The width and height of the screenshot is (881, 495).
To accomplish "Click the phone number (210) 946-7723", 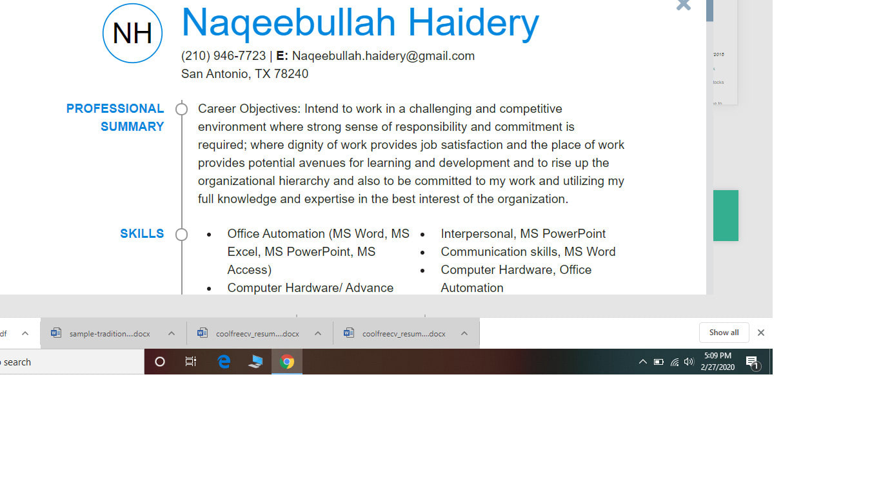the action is [223, 56].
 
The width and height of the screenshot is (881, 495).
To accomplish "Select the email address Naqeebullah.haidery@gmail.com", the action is [383, 56].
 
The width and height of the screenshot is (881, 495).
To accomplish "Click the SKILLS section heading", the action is [142, 233].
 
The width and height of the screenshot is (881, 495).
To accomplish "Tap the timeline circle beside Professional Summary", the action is [181, 109].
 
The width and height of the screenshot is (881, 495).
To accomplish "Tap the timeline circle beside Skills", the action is [181, 235].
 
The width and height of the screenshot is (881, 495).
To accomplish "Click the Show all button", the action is [724, 333].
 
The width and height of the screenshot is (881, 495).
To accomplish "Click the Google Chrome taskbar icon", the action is [287, 362].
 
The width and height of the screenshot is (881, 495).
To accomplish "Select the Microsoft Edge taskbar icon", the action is [224, 362].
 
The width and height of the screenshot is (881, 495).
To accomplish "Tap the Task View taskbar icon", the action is [191, 362].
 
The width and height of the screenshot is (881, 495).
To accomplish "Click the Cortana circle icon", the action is [160, 362].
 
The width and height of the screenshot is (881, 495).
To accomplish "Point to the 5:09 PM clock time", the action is [717, 356].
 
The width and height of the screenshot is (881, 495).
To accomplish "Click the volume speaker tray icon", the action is [689, 362].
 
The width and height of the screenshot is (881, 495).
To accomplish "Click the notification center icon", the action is [753, 362].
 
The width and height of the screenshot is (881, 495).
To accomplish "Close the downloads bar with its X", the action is [761, 333].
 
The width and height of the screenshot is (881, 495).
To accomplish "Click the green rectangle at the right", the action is [726, 215].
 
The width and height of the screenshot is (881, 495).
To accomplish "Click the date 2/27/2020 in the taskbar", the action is [717, 367].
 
